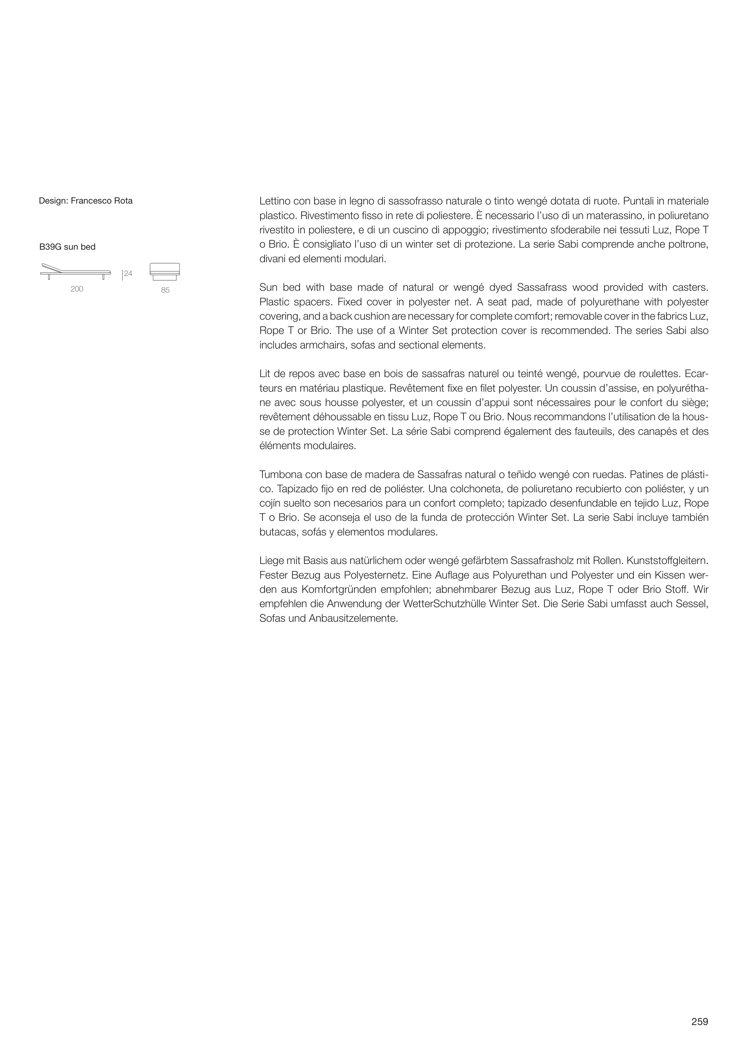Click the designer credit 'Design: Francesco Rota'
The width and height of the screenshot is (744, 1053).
coord(86,201)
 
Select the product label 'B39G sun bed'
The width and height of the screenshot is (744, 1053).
coord(68,247)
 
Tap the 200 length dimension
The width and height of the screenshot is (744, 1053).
coord(77,289)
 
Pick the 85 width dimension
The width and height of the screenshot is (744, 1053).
coord(165,290)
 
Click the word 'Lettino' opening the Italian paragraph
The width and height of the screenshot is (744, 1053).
coord(275,201)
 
